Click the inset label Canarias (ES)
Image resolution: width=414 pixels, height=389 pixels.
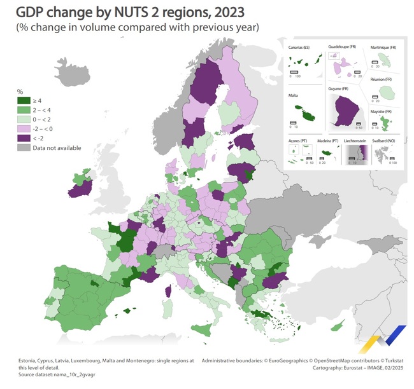point(303,48)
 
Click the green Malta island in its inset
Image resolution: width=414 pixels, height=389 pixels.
point(310,116)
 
